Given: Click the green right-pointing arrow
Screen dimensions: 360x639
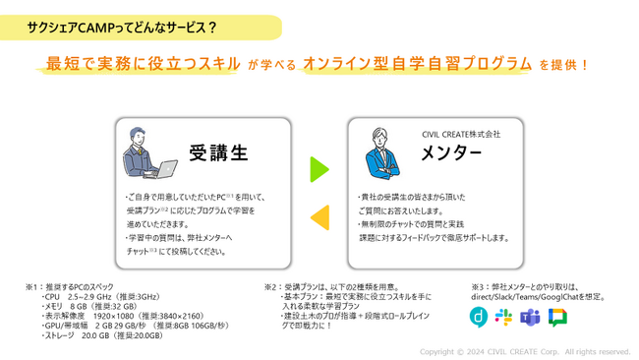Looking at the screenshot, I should (319, 169).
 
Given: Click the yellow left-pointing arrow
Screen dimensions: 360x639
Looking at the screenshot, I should (319, 217).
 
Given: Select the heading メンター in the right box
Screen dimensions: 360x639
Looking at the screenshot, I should (451, 153).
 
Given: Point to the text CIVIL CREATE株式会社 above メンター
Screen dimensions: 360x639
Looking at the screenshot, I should (460, 133).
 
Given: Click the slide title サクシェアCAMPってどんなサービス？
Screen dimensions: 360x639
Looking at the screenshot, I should (123, 27).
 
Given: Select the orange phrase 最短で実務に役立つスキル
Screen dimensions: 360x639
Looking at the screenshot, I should (144, 64).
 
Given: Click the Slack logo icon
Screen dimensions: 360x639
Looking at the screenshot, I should (504, 317).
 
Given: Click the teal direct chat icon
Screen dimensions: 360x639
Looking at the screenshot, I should (478, 317).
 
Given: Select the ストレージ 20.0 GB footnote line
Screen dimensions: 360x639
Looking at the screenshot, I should (104, 335).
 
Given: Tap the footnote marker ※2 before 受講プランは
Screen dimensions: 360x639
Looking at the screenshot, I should (271, 286).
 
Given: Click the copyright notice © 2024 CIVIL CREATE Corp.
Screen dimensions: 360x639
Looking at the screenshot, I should (525, 351).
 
